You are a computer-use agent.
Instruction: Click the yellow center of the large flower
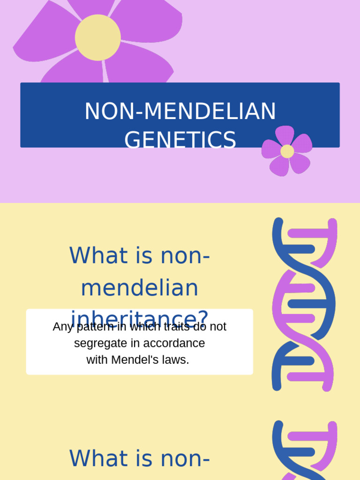(x=97, y=37)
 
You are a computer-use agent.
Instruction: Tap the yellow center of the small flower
(x=287, y=151)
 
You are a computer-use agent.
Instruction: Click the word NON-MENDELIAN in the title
(x=180, y=112)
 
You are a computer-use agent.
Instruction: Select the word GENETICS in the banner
(x=180, y=140)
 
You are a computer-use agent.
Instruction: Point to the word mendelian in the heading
(x=140, y=288)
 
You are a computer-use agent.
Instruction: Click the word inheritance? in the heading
(x=140, y=317)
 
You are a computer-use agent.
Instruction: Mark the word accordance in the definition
(x=174, y=343)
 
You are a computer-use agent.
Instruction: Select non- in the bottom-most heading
(x=185, y=458)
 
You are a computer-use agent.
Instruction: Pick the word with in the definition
(x=97, y=360)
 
